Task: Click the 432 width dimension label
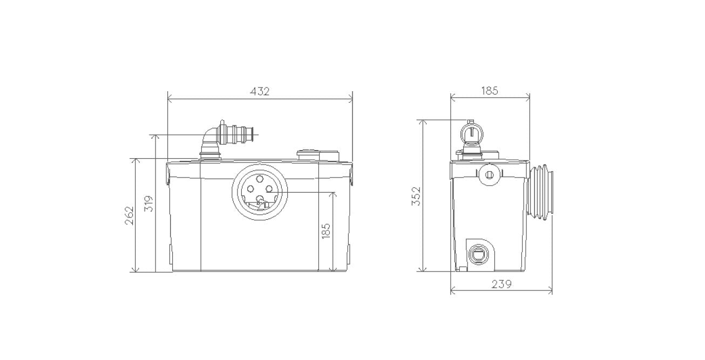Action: [x=260, y=92]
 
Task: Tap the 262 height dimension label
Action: [x=129, y=215]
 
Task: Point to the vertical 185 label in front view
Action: [x=326, y=230]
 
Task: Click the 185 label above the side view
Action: [x=490, y=91]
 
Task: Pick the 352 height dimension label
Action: [x=416, y=196]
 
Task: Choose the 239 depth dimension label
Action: [x=501, y=284]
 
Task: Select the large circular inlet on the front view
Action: [x=260, y=192]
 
